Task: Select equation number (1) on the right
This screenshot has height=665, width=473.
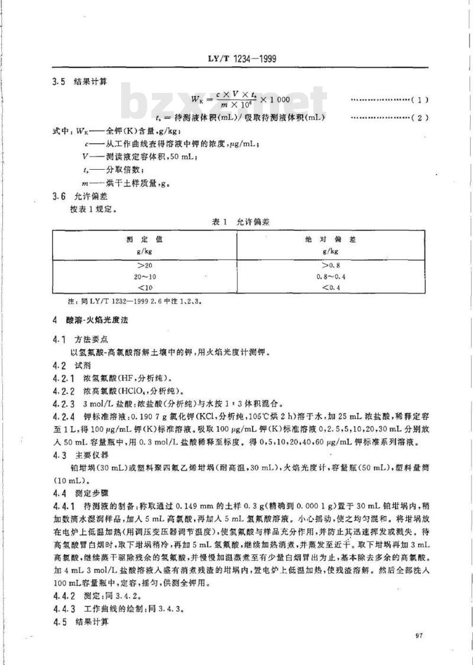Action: [x=419, y=101]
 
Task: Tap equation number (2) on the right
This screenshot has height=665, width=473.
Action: [x=419, y=118]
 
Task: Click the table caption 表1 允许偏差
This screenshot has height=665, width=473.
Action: [x=237, y=222]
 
